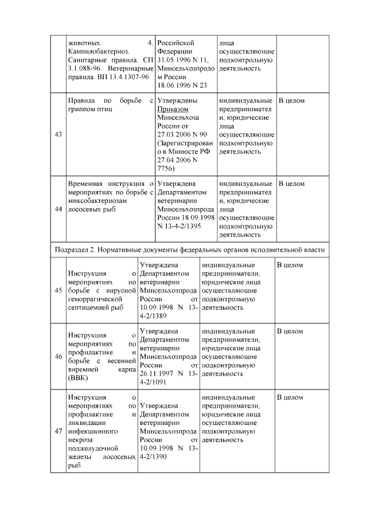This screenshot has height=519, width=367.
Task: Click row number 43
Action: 58,135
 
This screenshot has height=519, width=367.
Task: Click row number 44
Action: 58,209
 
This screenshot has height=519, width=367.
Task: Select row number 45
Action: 58,290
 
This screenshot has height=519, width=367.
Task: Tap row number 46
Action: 58,356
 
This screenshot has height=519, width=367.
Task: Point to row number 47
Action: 58,431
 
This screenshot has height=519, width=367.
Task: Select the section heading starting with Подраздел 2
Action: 190,249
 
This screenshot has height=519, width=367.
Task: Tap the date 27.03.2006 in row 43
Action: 174,134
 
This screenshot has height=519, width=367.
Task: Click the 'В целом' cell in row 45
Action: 290,265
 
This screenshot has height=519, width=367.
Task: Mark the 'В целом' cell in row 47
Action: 290,397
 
